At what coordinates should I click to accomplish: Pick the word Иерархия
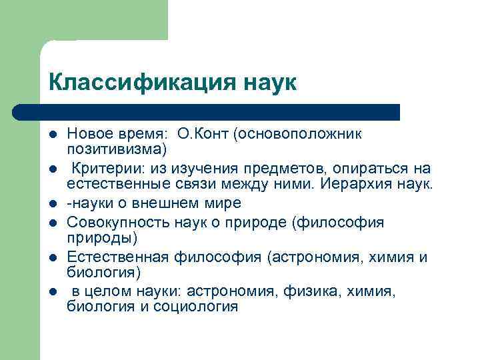click(x=352, y=182)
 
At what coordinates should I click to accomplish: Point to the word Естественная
click(x=110, y=258)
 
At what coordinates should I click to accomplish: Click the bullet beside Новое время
click(x=53, y=134)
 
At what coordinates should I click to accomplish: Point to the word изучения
click(x=208, y=168)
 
